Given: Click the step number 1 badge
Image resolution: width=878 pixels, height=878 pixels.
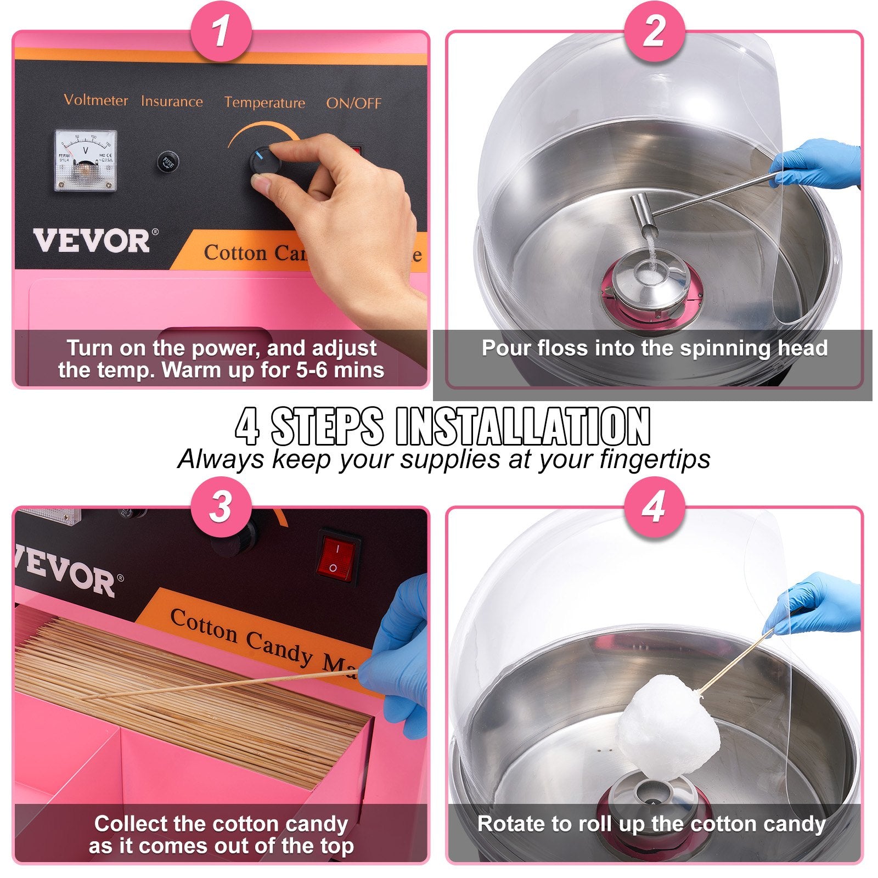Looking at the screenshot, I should click(x=221, y=31).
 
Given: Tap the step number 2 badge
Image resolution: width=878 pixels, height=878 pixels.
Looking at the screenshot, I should click(x=654, y=31).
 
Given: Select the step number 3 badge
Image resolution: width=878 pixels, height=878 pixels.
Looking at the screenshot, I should click(x=221, y=506).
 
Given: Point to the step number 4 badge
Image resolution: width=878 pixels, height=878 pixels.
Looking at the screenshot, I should click(x=654, y=506).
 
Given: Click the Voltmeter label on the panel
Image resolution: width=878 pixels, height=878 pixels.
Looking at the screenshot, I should click(x=95, y=100).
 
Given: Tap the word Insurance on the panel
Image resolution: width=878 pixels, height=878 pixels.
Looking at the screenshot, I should click(x=172, y=102).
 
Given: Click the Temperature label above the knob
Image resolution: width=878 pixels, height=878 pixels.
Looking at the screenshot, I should click(x=264, y=103).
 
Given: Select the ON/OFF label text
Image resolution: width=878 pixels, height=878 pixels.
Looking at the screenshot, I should click(x=353, y=103).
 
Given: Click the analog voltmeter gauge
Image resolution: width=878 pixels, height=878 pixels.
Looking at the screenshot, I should click(x=86, y=160).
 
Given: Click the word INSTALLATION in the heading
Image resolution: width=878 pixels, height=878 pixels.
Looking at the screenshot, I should click(x=522, y=427).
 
